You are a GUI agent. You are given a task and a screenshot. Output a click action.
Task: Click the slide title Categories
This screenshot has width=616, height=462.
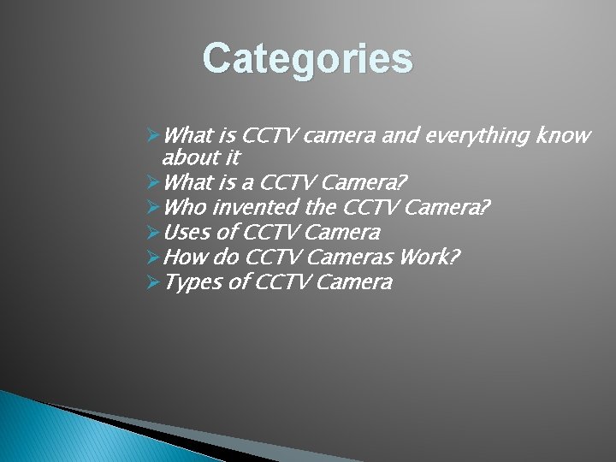pos(308,59)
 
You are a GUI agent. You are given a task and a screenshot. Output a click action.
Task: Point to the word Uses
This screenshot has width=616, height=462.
pos(185,233)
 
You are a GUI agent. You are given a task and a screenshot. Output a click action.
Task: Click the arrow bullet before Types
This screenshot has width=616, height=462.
pos(153,282)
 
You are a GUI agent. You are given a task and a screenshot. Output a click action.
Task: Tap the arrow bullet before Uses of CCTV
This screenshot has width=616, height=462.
pos(153,233)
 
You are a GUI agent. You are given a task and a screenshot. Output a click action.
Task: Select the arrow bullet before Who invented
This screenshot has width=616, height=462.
pos(153,208)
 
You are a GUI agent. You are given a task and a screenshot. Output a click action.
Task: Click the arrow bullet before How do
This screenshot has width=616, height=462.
pos(153,257)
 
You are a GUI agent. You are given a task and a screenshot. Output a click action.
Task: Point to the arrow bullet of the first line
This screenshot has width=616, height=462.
pos(153,135)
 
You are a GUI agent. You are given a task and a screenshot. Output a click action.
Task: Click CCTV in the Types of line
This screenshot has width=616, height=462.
pos(283,282)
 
